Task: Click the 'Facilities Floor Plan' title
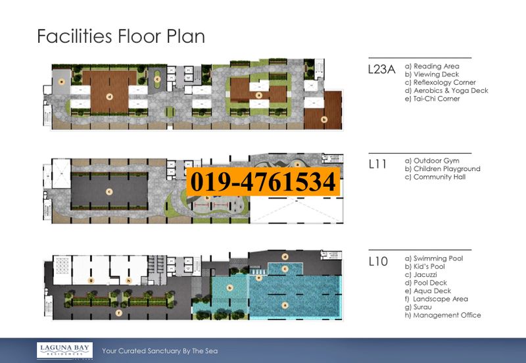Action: click(x=120, y=36)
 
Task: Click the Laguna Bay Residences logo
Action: click(x=64, y=349)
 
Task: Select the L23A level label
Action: click(x=381, y=68)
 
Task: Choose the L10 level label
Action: click(x=377, y=262)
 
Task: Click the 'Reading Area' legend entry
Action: click(x=431, y=66)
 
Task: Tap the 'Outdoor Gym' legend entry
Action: click(x=431, y=160)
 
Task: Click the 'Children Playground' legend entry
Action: click(x=442, y=169)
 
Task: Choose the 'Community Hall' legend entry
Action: click(x=435, y=177)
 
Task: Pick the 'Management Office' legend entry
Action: click(x=442, y=315)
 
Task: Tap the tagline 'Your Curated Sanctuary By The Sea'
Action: click(x=159, y=351)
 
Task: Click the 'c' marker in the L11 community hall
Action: click(x=108, y=192)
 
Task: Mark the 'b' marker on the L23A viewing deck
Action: click(x=323, y=119)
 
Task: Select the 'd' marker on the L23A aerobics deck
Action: click(x=108, y=96)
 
